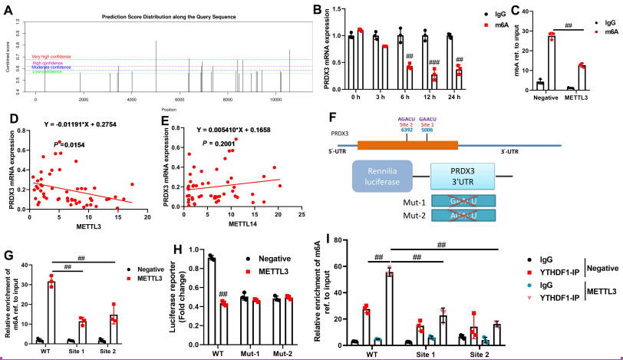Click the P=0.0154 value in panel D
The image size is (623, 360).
tap(70, 144)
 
